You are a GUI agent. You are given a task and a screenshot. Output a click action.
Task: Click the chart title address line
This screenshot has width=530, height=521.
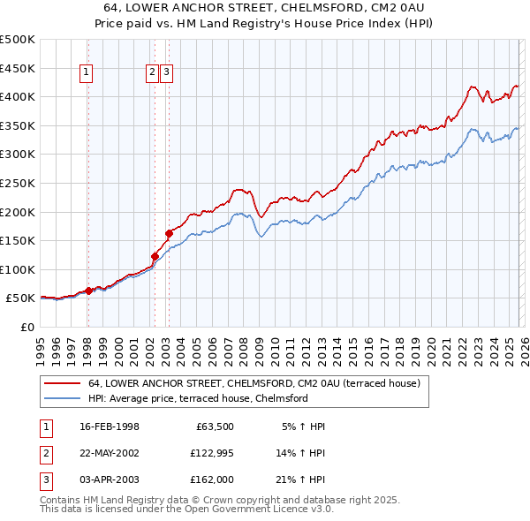click(x=265, y=7)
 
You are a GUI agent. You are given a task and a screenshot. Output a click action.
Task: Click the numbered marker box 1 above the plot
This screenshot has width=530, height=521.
click(x=87, y=73)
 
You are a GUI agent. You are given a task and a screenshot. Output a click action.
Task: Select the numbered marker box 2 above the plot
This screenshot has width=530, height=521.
click(x=152, y=73)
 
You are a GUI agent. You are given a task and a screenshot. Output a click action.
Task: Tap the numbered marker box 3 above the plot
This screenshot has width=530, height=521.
click(x=166, y=73)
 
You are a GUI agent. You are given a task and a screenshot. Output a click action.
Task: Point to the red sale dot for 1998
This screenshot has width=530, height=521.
click(x=88, y=290)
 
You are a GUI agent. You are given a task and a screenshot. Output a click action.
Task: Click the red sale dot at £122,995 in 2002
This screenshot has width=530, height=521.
click(x=155, y=256)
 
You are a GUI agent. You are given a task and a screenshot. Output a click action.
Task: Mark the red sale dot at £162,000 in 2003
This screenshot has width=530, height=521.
click(x=169, y=233)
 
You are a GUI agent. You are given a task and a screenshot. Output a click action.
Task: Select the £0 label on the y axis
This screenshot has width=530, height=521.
click(x=26, y=327)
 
